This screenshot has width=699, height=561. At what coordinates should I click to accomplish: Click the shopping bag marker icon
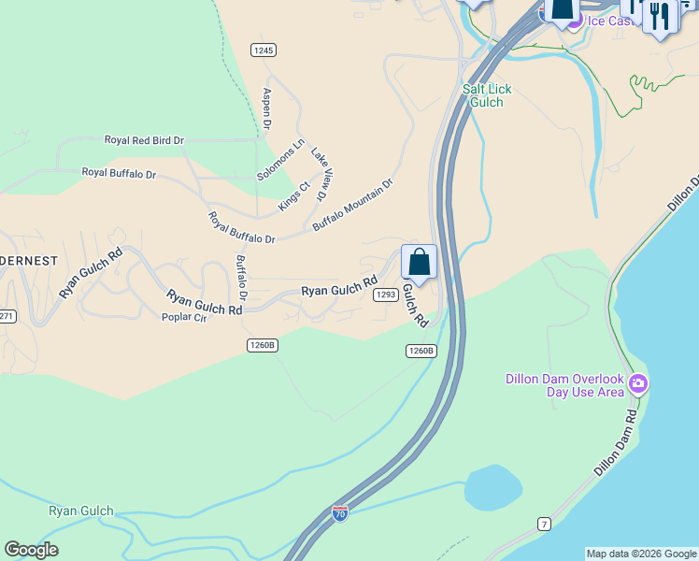point(420,262)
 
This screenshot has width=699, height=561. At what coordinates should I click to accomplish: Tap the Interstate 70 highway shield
point(340,513)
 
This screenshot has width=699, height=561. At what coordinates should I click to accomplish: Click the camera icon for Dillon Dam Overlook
point(638,383)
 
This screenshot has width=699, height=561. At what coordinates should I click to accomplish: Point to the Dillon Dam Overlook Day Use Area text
point(564,385)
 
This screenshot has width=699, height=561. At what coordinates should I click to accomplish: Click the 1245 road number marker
point(264,50)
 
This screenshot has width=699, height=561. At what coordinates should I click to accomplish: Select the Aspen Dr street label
point(267,108)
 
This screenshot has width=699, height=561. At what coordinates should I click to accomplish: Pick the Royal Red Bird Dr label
point(144,140)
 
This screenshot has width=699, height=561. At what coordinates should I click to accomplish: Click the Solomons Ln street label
point(281,161)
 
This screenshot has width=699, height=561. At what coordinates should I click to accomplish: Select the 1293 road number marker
point(386,295)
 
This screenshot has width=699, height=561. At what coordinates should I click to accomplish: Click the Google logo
point(32,550)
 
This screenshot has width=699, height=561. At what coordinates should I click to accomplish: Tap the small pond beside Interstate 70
point(492,487)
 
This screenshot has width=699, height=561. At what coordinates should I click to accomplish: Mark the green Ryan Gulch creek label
point(80,511)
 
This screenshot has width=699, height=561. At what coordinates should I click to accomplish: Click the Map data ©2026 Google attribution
point(641,554)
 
